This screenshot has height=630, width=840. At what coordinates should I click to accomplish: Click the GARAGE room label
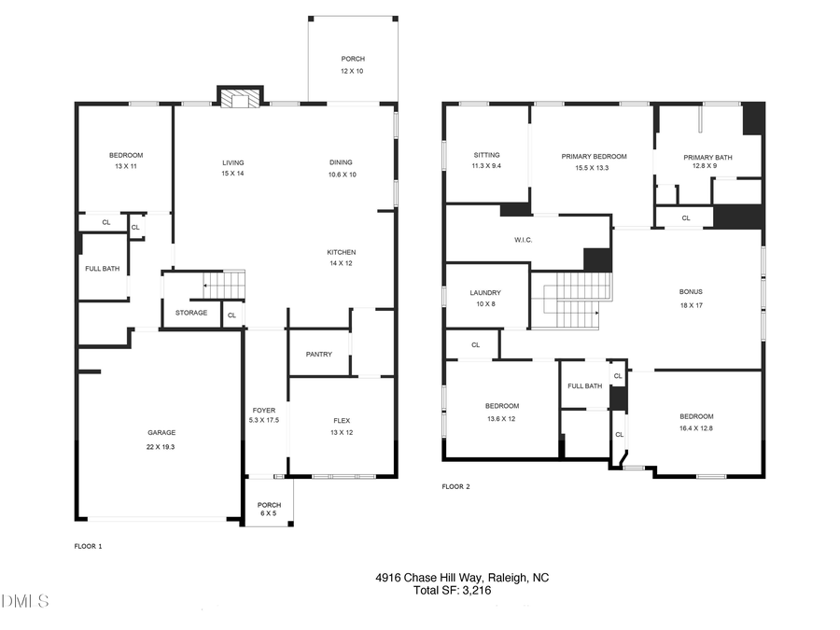161,432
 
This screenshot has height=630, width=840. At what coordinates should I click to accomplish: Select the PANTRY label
318,354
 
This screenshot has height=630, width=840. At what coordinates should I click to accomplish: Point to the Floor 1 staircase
223,283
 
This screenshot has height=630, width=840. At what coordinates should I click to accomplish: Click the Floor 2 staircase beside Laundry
571,300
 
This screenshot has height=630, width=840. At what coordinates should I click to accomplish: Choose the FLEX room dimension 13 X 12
342,432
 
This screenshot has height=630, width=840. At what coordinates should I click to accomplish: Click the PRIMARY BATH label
707,157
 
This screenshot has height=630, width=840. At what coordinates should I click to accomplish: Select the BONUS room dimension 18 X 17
690,304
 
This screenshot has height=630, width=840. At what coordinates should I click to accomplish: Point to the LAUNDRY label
484,292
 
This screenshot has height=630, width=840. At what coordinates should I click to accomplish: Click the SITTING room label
486,155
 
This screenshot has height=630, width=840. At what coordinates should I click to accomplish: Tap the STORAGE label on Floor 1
191,313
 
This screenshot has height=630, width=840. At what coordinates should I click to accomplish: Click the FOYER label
264,410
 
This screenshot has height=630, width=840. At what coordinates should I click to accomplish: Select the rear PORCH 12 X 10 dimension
352,70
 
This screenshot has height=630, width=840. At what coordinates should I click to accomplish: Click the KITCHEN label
341,252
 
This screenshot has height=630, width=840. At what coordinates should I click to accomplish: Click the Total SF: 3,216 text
454,590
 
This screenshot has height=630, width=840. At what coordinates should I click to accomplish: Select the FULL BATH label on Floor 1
103,269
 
